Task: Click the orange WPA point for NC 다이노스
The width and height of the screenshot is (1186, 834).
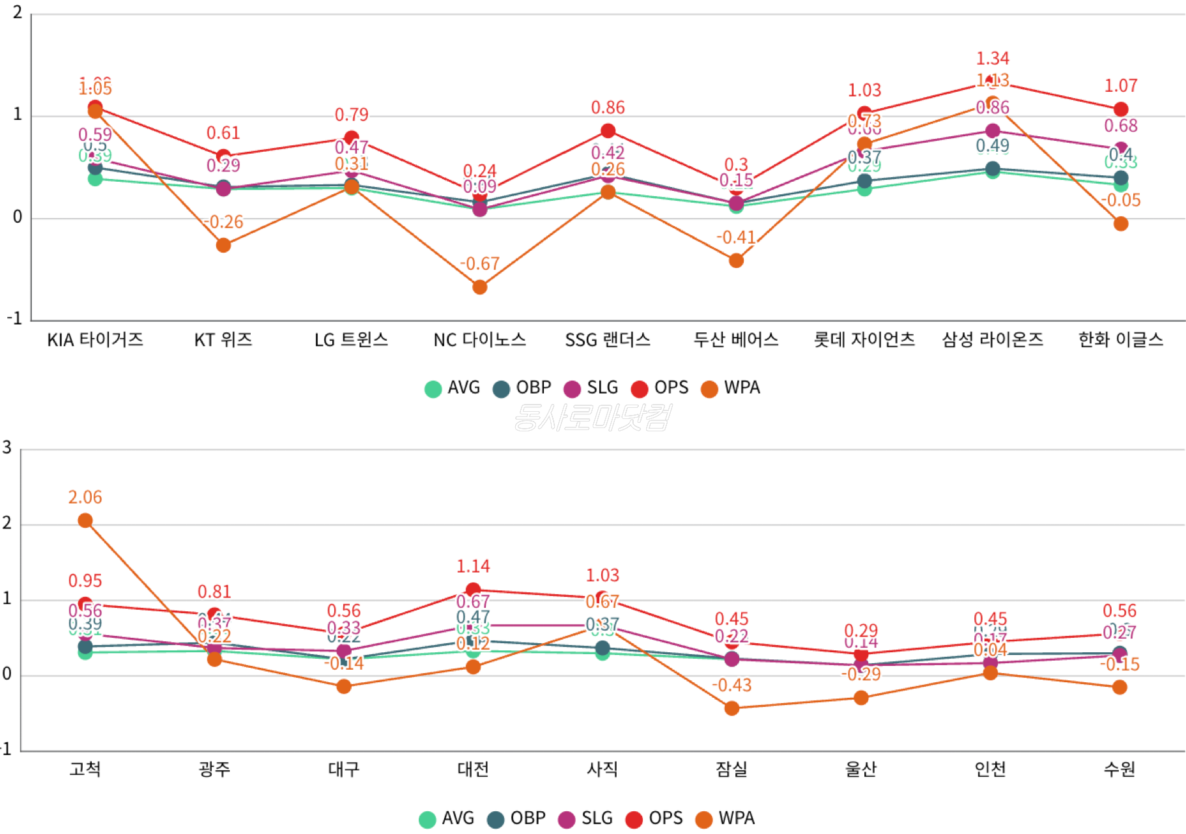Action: pos(479,287)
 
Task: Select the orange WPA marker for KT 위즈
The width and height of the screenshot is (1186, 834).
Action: pos(223,245)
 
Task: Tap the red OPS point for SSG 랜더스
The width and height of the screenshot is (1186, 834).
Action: pos(608,131)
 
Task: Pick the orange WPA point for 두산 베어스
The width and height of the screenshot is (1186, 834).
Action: pos(736,261)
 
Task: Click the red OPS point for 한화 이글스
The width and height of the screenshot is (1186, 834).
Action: pos(1120,109)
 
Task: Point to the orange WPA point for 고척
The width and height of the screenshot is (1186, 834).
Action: pos(85,521)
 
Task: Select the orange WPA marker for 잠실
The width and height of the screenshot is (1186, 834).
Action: pos(731,708)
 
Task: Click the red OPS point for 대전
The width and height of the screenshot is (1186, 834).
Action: pos(473,590)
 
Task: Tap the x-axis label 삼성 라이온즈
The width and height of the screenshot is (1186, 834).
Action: pos(992,339)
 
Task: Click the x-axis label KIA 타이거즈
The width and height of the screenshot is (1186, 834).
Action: pos(95,339)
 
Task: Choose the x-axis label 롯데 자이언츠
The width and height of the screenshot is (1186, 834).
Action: pos(864,339)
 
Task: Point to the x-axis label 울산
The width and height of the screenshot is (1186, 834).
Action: pos(860,769)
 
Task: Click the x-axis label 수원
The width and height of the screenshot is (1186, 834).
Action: pos(1119,769)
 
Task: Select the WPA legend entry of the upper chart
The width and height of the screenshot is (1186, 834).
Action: pos(731,388)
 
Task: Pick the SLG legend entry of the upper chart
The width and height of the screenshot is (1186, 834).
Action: pos(591,388)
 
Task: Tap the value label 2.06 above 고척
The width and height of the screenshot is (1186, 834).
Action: pos(85,498)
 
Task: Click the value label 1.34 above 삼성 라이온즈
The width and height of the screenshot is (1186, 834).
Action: pos(992,59)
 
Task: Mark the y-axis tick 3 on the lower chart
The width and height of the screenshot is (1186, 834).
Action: pos(7,448)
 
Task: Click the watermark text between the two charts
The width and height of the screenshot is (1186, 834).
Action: pos(591,418)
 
